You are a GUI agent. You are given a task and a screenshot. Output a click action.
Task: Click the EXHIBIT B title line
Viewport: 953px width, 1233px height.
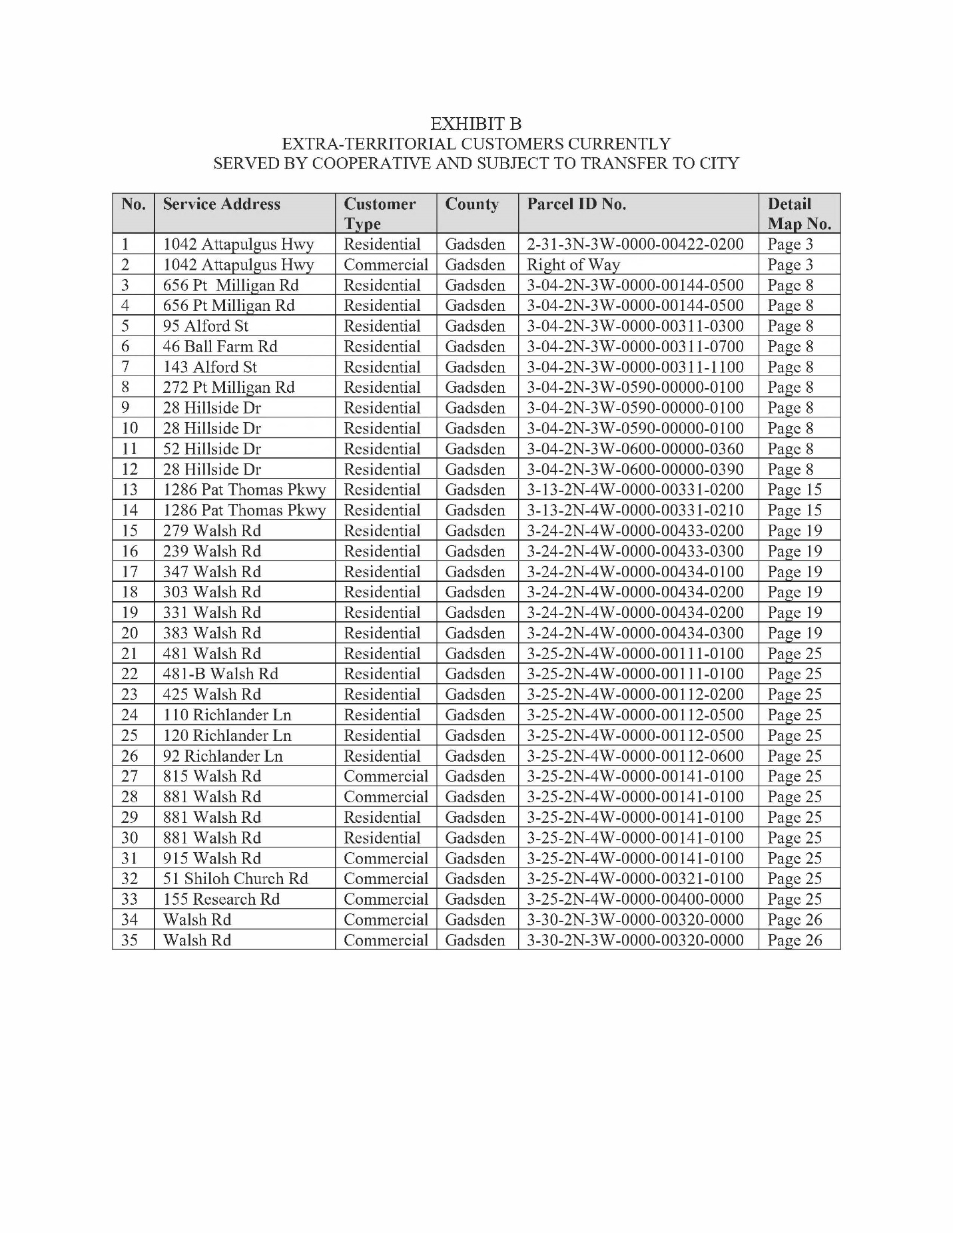point(476,124)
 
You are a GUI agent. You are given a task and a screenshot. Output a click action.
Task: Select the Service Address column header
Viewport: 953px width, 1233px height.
point(221,204)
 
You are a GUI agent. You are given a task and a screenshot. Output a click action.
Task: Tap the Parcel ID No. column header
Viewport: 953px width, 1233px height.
point(576,204)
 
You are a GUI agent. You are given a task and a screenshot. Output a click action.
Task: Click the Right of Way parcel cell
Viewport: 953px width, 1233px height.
point(573,265)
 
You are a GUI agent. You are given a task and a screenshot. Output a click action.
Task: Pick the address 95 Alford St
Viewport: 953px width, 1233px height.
point(205,326)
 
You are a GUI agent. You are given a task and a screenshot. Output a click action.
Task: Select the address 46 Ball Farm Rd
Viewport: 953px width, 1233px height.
point(220,347)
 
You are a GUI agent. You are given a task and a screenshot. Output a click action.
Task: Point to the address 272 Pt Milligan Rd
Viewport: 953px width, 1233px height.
point(228,387)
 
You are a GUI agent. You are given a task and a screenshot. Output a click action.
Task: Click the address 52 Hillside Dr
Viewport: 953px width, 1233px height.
point(212,449)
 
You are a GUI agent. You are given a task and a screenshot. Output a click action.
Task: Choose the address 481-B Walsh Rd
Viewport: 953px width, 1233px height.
point(220,674)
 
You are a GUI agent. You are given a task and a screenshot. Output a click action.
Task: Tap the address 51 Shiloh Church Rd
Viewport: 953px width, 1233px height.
point(235,879)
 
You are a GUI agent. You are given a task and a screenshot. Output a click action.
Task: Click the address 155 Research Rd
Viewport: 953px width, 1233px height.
point(221,899)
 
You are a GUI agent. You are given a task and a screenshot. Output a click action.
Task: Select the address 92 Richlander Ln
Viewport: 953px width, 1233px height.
point(222,756)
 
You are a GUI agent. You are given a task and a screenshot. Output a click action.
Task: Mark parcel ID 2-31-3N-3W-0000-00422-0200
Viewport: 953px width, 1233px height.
point(635,244)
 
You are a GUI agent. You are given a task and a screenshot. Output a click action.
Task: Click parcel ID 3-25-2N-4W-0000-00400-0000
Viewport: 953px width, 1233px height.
point(635,899)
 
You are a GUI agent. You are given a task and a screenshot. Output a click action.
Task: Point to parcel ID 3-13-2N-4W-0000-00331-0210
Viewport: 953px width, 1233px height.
point(635,511)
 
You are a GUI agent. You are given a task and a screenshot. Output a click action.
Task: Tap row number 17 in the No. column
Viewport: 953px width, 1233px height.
point(130,572)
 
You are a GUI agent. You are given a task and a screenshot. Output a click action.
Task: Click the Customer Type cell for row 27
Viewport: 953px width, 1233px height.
point(386,776)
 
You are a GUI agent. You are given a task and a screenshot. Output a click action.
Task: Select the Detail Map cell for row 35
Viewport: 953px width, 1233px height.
point(794,940)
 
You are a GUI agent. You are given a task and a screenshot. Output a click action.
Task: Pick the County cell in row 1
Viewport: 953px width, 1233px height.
point(475,244)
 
